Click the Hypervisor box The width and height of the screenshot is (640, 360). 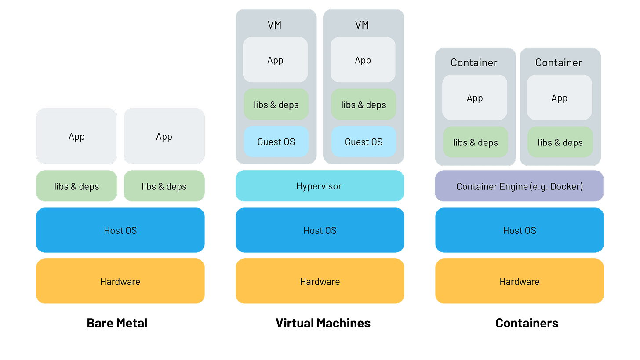[x=320, y=186]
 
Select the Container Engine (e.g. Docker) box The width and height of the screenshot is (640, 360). [x=519, y=186]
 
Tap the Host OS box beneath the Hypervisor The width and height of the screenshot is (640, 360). [x=320, y=230]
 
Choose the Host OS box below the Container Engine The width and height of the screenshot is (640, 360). [x=519, y=230]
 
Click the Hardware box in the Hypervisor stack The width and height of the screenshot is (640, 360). [x=320, y=281]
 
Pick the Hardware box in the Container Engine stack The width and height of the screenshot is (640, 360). [x=519, y=281]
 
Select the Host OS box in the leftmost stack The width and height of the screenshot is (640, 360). [x=120, y=230]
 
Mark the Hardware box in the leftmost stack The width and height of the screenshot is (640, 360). [x=120, y=281]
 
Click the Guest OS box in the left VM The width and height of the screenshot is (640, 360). [x=276, y=142]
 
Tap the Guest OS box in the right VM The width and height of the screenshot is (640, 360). [x=364, y=142]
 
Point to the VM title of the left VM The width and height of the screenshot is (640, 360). [x=275, y=25]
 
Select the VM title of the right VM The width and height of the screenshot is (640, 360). [x=362, y=25]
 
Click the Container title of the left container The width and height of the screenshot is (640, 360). [x=474, y=63]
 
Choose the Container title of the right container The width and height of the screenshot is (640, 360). [x=558, y=63]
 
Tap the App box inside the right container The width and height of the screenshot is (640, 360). [x=559, y=98]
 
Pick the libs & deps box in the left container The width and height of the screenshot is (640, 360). [x=475, y=142]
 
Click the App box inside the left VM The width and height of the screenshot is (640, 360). [x=275, y=60]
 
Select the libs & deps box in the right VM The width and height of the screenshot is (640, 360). [x=364, y=105]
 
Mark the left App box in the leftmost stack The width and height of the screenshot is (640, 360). [x=76, y=136]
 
